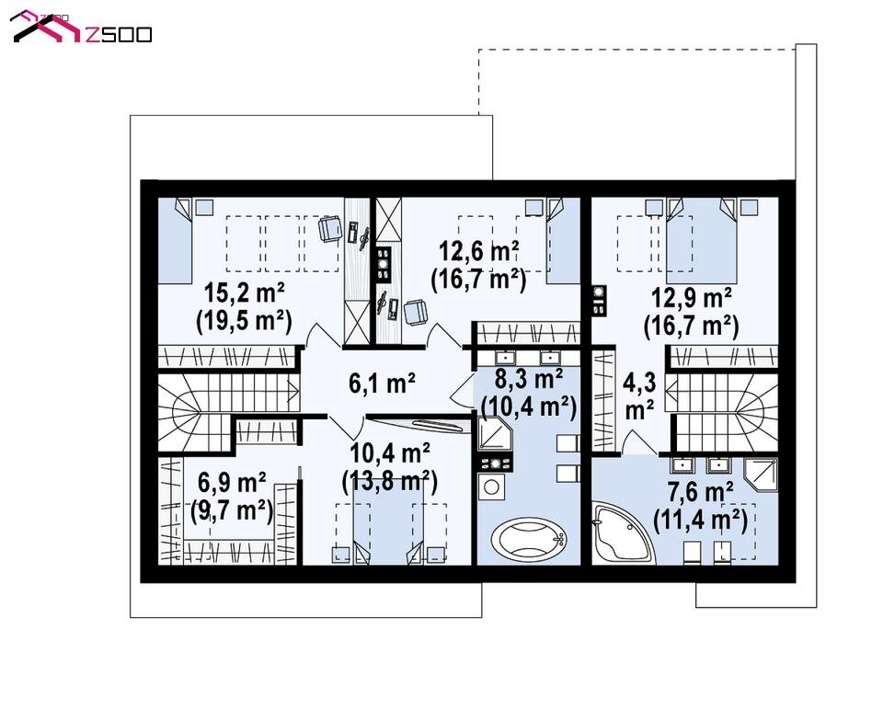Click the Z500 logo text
119,35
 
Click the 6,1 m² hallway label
383,383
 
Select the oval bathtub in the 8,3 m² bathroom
528,539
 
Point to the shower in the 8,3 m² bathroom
495,434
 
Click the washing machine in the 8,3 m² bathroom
491,487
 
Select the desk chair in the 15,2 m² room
330,229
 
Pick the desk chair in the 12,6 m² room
416,313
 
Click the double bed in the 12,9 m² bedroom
701,240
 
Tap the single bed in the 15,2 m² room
175,240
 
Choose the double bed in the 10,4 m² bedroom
388,521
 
